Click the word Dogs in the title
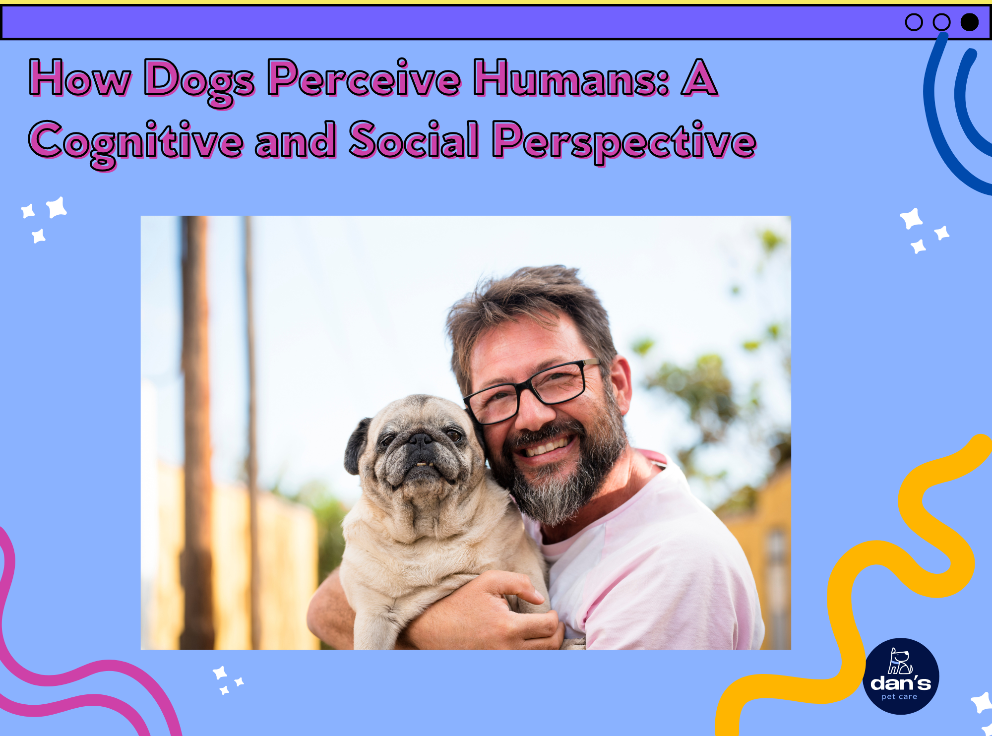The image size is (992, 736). coord(199,79)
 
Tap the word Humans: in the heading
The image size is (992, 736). coord(571,78)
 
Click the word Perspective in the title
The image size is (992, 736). coord(624,141)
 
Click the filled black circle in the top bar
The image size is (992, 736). coord(969,22)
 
